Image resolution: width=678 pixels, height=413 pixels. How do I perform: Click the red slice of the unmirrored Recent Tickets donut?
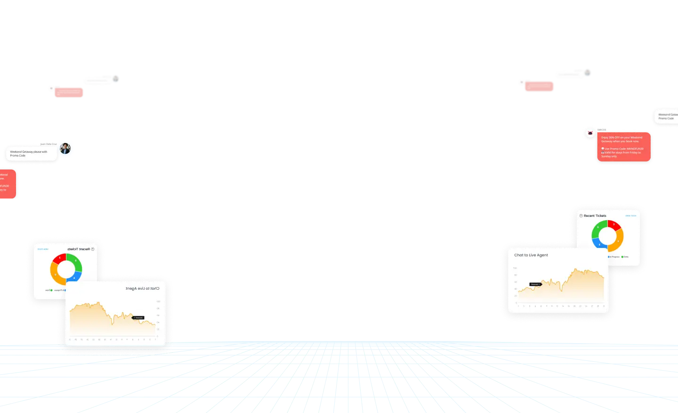[x=614, y=225]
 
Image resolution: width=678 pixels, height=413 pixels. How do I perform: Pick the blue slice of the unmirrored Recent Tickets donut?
[x=598, y=243]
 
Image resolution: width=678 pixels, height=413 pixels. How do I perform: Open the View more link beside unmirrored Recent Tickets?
[x=630, y=216]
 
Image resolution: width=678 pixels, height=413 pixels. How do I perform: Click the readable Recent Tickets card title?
[x=595, y=216]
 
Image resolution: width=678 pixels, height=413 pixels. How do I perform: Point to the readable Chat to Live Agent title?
[x=531, y=255]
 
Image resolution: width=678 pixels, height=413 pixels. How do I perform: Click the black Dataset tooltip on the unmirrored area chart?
[x=535, y=284]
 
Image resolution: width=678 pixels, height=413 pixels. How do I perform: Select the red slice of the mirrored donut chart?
[x=59, y=258]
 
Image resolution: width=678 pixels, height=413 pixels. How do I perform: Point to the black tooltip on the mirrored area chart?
[x=138, y=318]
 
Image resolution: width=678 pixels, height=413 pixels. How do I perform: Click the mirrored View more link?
[x=43, y=249]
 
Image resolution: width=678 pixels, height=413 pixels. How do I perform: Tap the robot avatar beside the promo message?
[x=590, y=133]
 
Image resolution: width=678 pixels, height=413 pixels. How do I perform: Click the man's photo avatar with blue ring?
[x=65, y=149]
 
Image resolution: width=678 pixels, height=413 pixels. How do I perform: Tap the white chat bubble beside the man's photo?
[x=32, y=153]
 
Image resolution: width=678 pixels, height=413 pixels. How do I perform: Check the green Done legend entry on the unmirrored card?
[x=625, y=257]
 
